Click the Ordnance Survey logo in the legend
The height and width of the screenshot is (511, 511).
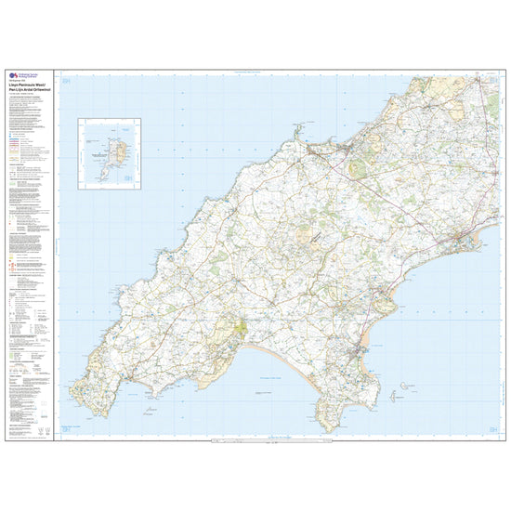pos(11,77)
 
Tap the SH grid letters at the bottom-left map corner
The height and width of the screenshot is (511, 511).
pos(66,426)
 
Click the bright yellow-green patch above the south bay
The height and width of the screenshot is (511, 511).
pos(242,328)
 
